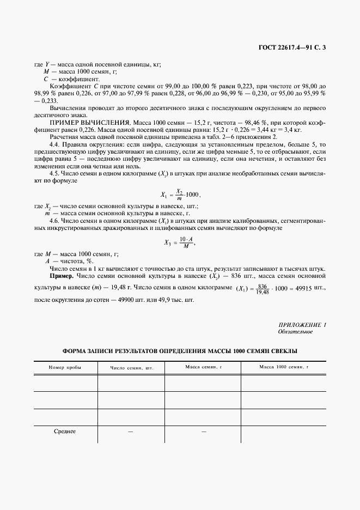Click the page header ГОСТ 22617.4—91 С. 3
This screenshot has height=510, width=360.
click(294, 48)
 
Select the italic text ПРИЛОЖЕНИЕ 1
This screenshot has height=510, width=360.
click(302, 325)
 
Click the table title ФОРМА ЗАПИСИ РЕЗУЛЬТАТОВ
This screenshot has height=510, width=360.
click(180, 351)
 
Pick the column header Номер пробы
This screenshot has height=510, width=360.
click(65, 368)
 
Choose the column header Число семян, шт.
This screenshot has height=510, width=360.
click(131, 368)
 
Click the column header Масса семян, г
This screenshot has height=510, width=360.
click(203, 367)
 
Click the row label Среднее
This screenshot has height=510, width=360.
click(65, 432)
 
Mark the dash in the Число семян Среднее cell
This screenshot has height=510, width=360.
click(131, 432)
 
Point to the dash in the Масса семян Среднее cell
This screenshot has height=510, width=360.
click(203, 432)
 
